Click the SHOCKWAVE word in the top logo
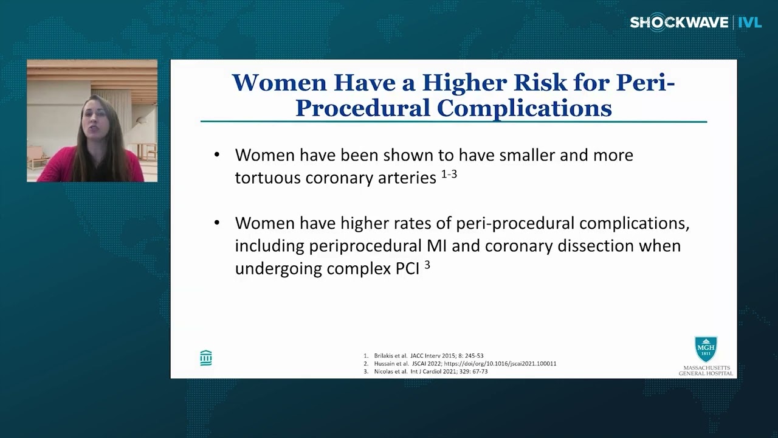coord(679,23)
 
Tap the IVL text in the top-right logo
coord(749,23)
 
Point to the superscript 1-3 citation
coord(449,175)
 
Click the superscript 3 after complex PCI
coord(427,265)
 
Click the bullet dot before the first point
coord(217,155)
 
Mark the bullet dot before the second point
coord(217,223)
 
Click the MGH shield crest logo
coord(706,349)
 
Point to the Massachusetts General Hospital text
coord(706,370)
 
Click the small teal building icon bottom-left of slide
coord(206,358)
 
